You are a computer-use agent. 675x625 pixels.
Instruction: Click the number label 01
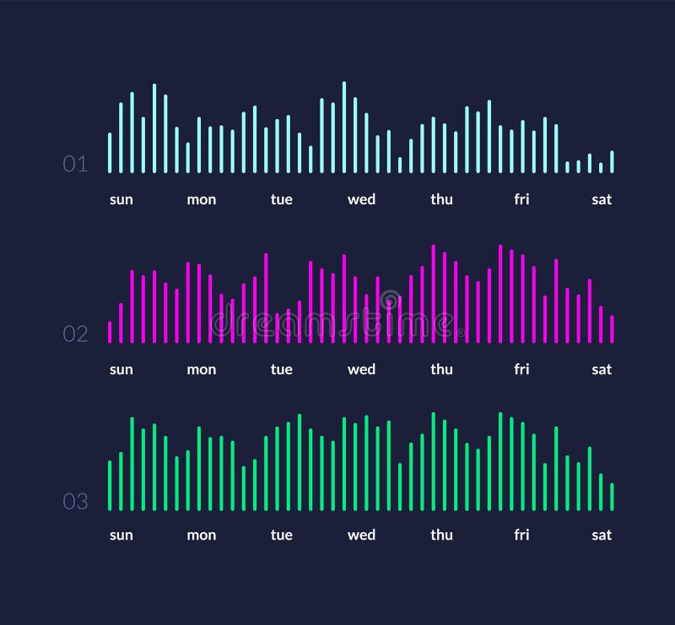click(75, 164)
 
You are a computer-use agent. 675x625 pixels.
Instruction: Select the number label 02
click(75, 334)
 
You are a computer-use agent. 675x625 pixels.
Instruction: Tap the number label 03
click(75, 502)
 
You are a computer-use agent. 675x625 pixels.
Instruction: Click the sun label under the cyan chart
click(121, 200)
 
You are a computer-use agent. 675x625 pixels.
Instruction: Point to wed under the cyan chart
click(361, 200)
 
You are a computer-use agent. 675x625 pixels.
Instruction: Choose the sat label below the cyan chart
click(602, 200)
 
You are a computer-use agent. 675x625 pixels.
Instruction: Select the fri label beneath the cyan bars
click(521, 200)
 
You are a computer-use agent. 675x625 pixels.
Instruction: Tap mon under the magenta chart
click(201, 370)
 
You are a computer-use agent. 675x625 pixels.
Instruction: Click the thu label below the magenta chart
click(441, 370)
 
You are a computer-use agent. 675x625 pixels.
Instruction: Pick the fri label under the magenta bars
click(521, 370)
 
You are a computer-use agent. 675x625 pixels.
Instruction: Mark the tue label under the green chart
click(281, 535)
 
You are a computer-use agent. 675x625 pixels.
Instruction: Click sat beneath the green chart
click(602, 535)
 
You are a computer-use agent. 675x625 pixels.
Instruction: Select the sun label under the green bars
click(121, 535)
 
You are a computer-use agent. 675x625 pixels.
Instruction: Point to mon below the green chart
click(201, 535)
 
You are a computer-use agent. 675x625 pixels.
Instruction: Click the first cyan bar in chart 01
click(110, 153)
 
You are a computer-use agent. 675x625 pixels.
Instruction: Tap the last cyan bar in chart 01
click(612, 162)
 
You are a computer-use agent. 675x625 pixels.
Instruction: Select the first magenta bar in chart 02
click(110, 332)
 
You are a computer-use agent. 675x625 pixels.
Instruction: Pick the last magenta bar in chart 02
click(612, 329)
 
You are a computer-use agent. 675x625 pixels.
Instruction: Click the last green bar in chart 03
click(612, 497)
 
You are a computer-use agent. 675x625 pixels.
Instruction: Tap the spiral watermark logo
click(390, 299)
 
